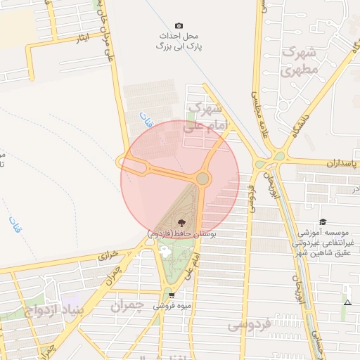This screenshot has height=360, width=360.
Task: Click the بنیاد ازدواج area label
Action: (x=54, y=309)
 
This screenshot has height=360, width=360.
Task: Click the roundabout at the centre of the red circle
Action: (x=202, y=179)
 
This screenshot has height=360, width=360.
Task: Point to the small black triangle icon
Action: (x=347, y=302)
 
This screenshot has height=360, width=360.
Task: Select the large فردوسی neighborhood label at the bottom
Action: (x=250, y=325)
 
